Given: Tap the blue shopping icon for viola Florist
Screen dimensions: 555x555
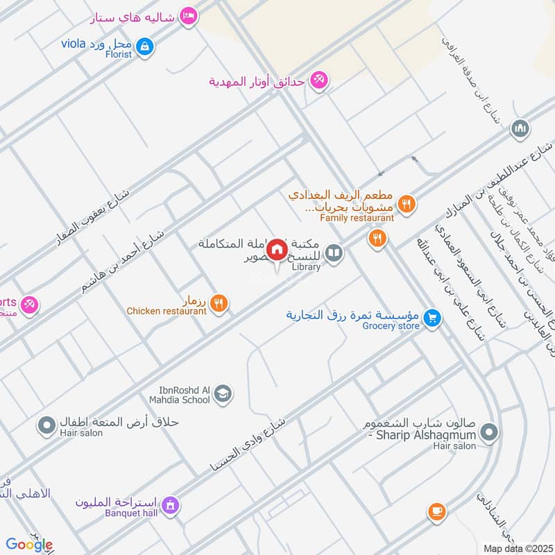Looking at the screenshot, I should click(144, 47).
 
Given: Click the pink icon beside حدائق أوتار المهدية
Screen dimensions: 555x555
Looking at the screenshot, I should click(319, 81).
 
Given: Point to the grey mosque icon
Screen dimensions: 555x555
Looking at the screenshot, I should click(520, 129).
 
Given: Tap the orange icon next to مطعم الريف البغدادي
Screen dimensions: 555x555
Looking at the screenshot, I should click(408, 204).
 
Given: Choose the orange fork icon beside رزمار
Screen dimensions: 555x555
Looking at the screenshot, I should click(219, 302).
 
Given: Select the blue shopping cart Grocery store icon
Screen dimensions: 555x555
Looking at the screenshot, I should click(433, 318).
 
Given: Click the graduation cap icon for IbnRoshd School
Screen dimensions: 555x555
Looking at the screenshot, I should click(222, 395).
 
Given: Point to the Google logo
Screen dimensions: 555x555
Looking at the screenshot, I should click(29, 545).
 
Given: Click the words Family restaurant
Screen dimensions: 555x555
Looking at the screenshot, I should click(357, 218).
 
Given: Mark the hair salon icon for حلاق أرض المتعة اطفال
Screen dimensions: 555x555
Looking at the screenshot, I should click(47, 425).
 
